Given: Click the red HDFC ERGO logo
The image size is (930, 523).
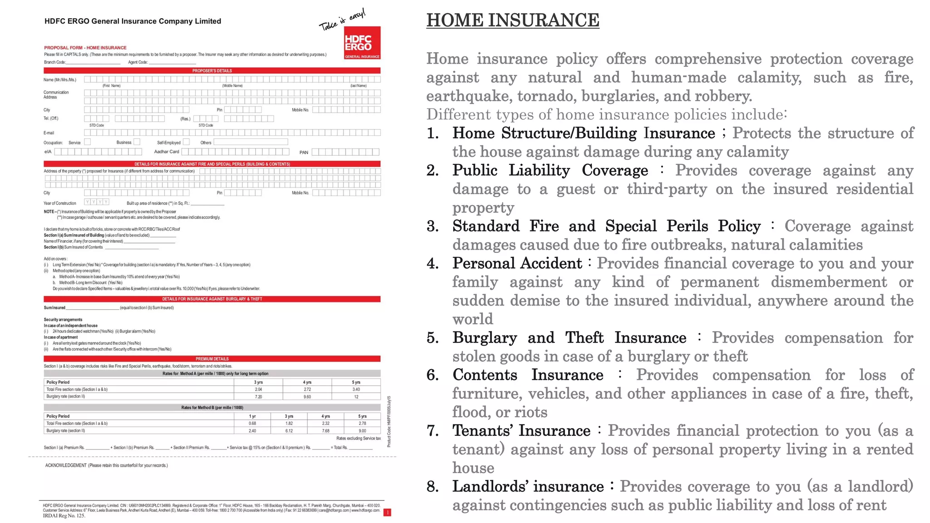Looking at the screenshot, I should (x=362, y=43).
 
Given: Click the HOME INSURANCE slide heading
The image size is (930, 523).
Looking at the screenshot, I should (x=513, y=20).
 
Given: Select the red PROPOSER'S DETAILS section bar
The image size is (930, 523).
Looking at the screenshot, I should (x=212, y=71).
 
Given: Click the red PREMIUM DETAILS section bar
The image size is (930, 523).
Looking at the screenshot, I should (x=212, y=359).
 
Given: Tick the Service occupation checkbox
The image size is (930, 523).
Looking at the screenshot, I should (x=88, y=142).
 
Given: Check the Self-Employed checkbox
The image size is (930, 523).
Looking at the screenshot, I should (x=186, y=142).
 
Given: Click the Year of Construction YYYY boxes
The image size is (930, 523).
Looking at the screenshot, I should (x=97, y=202).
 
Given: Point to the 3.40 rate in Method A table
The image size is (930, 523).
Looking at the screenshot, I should (x=356, y=390).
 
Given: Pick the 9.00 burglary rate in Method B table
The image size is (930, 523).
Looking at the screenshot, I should (x=362, y=431).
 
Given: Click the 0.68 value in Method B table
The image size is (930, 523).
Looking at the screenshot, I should (x=252, y=424).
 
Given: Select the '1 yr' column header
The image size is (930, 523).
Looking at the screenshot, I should (x=252, y=416).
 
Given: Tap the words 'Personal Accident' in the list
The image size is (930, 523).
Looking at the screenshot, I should (x=517, y=263).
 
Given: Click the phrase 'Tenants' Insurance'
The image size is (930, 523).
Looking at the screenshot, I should (x=521, y=430).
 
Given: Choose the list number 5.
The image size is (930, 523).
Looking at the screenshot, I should (x=432, y=338).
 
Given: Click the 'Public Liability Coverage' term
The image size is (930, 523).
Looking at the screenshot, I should (x=550, y=170).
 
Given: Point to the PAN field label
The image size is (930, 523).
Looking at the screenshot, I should (x=304, y=153).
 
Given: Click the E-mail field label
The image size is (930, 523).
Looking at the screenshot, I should (x=49, y=133).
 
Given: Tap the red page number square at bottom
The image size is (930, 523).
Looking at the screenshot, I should (x=387, y=513).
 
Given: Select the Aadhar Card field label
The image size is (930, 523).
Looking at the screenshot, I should (x=167, y=152).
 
